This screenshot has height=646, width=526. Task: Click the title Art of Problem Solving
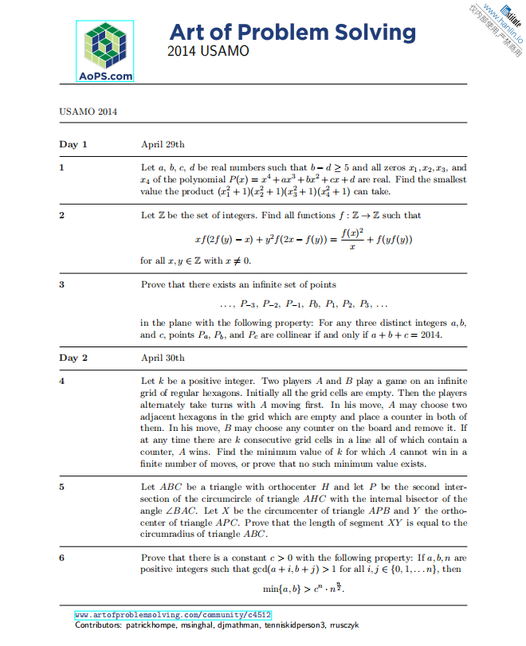[292, 33]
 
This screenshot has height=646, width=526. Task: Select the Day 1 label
[73, 144]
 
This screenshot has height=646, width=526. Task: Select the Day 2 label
[73, 358]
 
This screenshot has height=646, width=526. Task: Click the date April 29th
[163, 144]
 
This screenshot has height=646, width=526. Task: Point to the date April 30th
[163, 358]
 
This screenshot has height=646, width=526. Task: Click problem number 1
[62, 168]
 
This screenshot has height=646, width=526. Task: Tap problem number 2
[62, 215]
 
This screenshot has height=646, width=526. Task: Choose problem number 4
[62, 382]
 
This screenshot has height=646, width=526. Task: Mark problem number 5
[62, 486]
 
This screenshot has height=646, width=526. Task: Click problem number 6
[62, 558]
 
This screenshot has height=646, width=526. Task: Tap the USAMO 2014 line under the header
[88, 111]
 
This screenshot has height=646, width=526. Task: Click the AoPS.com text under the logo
[105, 76]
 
